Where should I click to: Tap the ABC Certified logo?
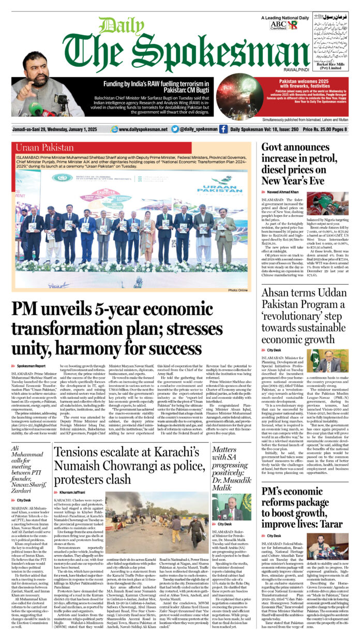pyautogui.click(x=277, y=24)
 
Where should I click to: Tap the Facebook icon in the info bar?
pyautogui.click(x=223, y=129)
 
